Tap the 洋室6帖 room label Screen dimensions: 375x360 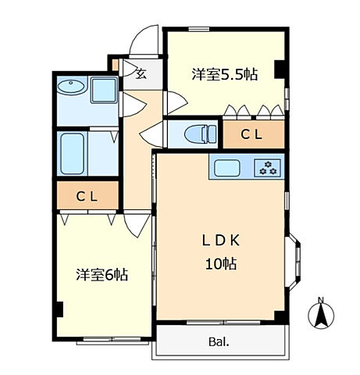pyautogui.click(x=102, y=275)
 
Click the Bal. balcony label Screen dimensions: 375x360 pyautogui.click(x=219, y=341)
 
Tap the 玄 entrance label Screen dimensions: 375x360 pyautogui.click(x=141, y=75)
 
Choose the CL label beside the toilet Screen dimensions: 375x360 pyautogui.click(x=251, y=134)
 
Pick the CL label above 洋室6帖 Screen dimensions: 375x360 pyautogui.click(x=87, y=196)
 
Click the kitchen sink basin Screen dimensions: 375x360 pyautogui.click(x=230, y=166)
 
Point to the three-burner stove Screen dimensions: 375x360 pyautogui.click(x=268, y=166)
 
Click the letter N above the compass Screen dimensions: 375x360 pyautogui.click(x=321, y=298)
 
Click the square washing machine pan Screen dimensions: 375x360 pyautogui.click(x=104, y=91)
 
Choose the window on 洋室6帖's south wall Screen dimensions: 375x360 pyautogui.click(x=114, y=340)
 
